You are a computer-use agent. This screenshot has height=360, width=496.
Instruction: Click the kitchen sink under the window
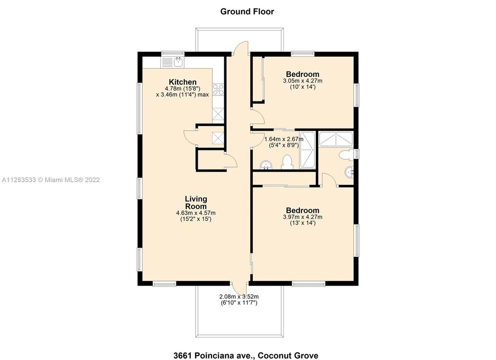coord(178,62)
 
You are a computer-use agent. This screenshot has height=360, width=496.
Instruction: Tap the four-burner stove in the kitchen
coord(219,89)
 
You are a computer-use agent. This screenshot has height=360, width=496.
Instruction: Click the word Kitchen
coord(183,82)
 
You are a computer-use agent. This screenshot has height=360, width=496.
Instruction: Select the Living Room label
coord(196,202)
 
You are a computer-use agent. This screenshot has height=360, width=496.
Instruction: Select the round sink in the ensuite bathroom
coord(350,172)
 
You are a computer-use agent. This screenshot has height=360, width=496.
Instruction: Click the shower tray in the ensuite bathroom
coord(336,139)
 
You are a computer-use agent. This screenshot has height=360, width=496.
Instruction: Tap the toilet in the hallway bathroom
coord(287,161)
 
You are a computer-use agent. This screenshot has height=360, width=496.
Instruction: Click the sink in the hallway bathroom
coord(266,165)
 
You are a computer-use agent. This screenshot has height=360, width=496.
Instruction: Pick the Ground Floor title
coord(247,11)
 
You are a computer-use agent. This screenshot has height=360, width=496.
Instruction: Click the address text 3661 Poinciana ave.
coord(247,355)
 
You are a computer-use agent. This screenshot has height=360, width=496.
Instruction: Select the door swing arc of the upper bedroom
coord(257,118)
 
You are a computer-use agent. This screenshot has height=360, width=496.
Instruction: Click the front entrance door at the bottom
coord(241,289)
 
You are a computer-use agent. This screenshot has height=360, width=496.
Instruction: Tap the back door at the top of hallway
coord(241,48)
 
